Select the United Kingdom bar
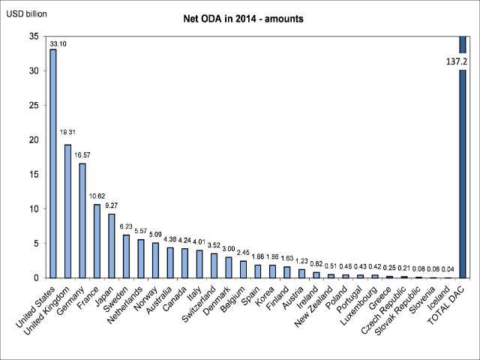point(68,211)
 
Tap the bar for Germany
point(82,220)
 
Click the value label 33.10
point(58,43)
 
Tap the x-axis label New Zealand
point(315,308)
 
